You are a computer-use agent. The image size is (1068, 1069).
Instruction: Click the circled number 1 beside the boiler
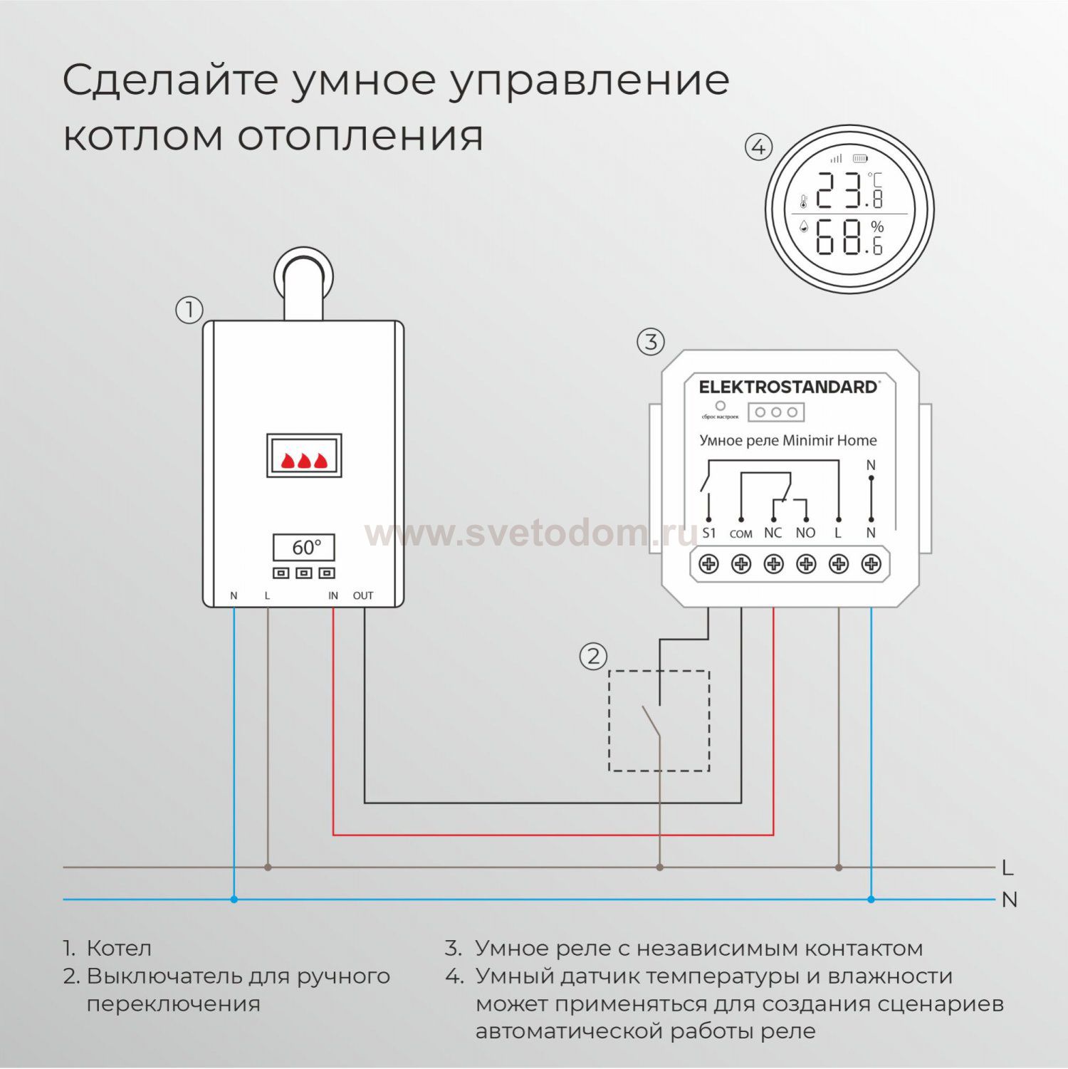(x=189, y=310)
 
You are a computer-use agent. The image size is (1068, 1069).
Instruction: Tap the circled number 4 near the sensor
(x=758, y=147)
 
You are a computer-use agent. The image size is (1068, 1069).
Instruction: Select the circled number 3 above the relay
(x=650, y=342)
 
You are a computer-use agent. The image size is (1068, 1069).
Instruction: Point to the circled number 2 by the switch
(x=593, y=656)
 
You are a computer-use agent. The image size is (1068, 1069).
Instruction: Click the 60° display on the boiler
(x=304, y=548)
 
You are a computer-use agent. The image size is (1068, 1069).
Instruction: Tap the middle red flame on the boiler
(x=304, y=460)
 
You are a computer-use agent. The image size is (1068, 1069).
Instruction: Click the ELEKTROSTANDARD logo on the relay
(x=789, y=387)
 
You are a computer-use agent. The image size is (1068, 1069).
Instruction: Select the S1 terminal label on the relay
(x=709, y=533)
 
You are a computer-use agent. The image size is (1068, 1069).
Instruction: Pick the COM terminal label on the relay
(x=741, y=533)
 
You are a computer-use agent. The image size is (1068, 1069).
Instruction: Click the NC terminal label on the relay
(x=773, y=533)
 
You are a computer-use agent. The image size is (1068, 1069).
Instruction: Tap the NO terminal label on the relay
(x=806, y=533)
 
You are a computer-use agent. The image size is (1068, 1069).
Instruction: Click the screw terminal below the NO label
(x=806, y=564)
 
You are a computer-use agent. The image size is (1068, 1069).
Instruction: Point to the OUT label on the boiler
(x=363, y=595)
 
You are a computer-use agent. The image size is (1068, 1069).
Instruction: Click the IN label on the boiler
(x=333, y=595)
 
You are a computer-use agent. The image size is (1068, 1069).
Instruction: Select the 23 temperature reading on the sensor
(x=839, y=190)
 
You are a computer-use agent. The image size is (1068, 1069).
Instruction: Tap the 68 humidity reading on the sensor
(x=839, y=236)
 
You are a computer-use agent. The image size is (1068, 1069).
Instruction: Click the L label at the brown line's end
(x=1007, y=867)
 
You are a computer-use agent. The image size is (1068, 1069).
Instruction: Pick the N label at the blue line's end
(x=1010, y=899)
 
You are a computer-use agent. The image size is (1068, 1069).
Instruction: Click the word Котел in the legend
(x=119, y=949)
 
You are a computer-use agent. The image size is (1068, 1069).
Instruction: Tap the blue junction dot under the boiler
(x=234, y=899)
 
